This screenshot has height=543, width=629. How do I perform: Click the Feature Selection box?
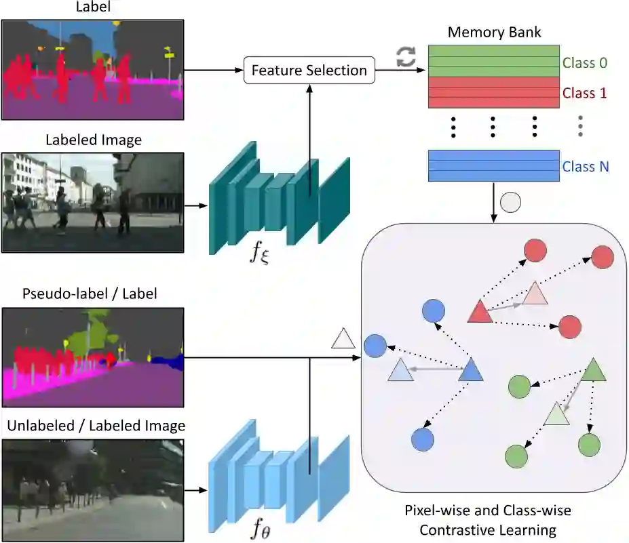(309, 71)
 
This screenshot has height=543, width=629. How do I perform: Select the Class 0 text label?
(584, 63)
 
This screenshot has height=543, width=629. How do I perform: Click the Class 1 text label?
(584, 94)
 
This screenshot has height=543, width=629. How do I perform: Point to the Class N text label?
(585, 166)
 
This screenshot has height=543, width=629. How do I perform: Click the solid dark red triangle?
(480, 311)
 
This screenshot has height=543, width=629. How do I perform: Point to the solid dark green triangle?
(594, 369)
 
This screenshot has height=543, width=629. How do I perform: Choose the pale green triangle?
(556, 413)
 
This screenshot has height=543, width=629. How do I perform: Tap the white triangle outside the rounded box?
(343, 338)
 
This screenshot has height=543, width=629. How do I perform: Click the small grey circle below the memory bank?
(510, 202)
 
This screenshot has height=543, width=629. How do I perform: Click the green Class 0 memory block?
(493, 60)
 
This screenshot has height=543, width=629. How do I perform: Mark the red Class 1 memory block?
(493, 92)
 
